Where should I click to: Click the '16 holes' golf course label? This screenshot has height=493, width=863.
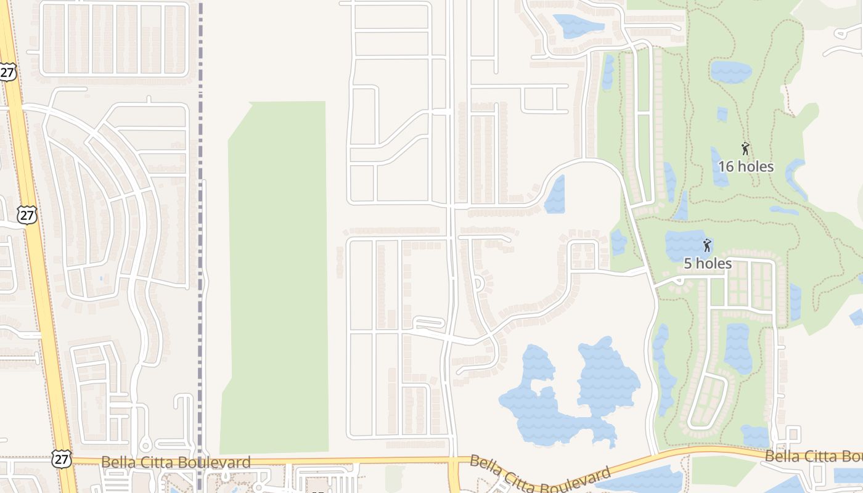tap(745, 166)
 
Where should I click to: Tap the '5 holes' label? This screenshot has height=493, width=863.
tap(708, 264)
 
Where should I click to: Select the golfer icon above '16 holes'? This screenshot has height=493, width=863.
tap(745, 149)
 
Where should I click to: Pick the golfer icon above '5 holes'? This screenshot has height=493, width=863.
tap(707, 245)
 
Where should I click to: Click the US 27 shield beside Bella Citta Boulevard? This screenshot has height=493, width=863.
tap(62, 459)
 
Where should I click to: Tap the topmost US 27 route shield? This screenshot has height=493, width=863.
tap(7, 72)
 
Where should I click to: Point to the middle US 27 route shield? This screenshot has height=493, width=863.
tap(27, 214)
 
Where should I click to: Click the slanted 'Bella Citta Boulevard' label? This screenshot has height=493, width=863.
tap(540, 475)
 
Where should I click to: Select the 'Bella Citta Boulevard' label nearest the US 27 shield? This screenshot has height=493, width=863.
tap(176, 462)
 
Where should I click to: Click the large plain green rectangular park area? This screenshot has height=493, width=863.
tap(277, 277)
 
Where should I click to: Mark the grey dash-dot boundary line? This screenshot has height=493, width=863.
tap(200, 246)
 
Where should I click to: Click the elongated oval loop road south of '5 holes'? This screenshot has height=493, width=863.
tap(707, 401)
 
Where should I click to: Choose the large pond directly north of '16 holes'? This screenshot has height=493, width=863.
tap(730, 71)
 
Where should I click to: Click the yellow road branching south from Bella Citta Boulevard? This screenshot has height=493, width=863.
tap(454, 478)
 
